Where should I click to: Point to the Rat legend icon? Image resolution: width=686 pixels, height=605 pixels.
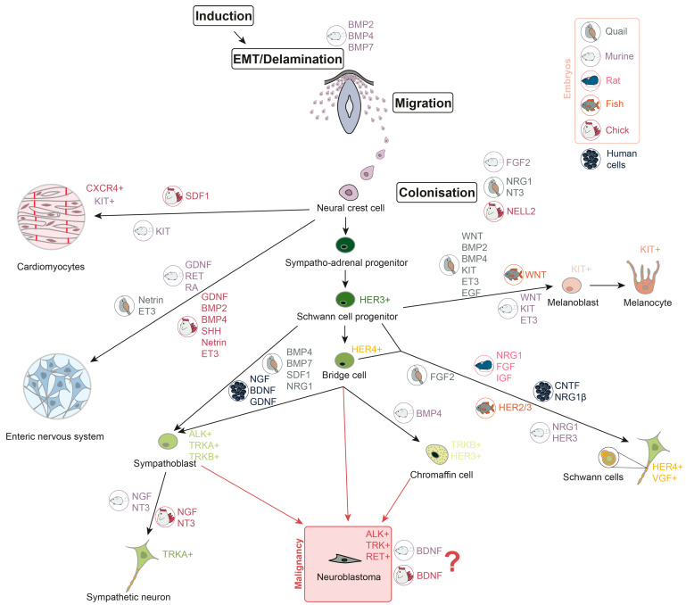[x=592, y=79]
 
